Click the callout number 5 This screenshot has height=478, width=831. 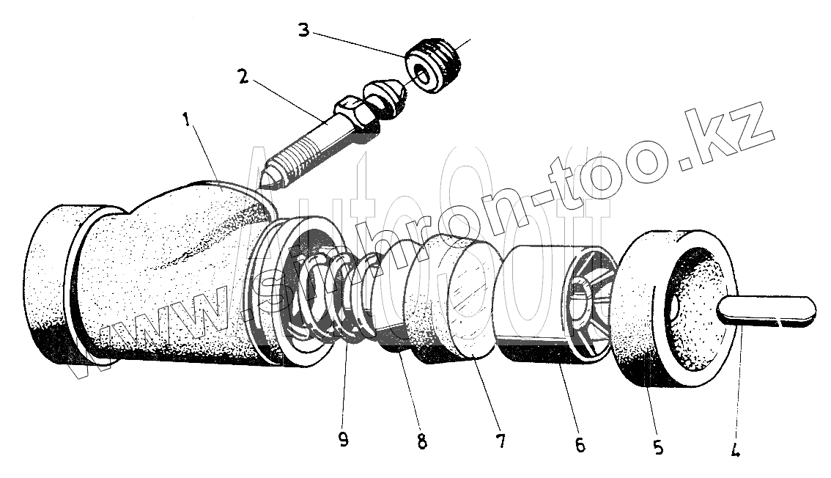click(658, 446)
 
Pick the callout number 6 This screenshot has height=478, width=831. click(580, 445)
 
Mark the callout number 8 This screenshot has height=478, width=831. click(421, 441)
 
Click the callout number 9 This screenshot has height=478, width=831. click(344, 439)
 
